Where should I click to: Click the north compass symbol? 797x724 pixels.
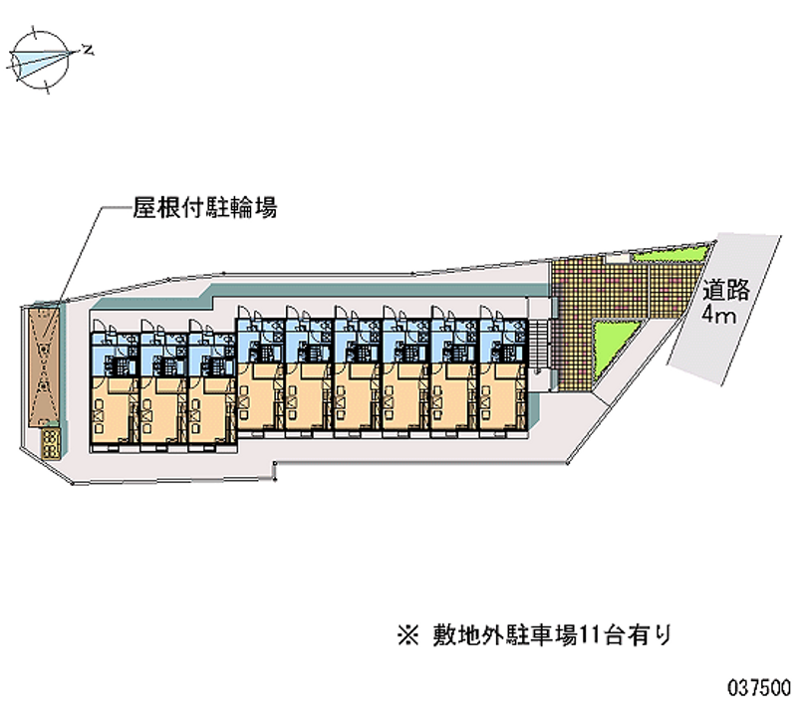point(41,60)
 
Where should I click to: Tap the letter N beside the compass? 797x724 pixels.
point(89,50)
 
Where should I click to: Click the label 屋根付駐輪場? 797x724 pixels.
point(205,208)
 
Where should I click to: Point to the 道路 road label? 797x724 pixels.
point(726,290)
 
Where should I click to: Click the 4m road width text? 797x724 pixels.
point(718,315)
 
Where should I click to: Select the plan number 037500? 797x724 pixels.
point(759,688)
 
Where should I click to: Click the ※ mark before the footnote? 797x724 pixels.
point(408,635)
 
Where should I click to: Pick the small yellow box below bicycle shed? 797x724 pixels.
point(51,444)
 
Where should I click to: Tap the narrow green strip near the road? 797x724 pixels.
point(669,255)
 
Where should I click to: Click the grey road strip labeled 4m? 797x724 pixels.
point(725,309)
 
